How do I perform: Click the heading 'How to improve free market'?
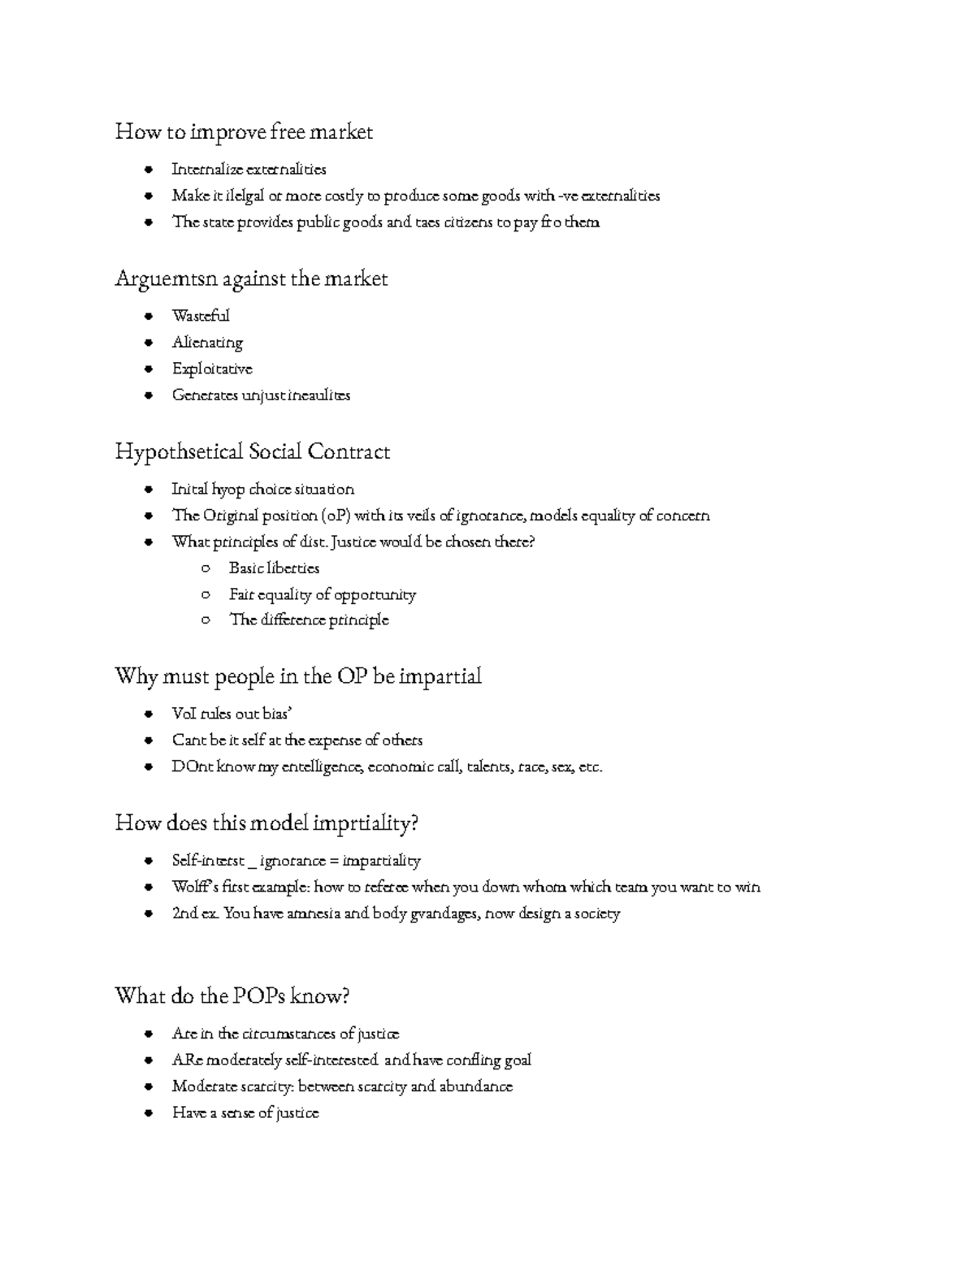click(244, 132)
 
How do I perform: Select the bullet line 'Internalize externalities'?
click(249, 170)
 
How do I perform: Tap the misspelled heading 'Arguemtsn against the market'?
click(251, 279)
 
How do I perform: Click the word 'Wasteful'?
click(201, 316)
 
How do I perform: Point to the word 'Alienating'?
click(207, 343)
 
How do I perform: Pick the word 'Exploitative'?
click(212, 369)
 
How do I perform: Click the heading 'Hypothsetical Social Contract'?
click(252, 451)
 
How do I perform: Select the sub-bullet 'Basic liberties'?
click(274, 568)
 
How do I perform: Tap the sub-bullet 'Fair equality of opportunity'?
click(322, 594)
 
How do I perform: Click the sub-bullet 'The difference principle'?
click(309, 620)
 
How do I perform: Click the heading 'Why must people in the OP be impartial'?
click(298, 676)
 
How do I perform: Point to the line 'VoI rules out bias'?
click(232, 714)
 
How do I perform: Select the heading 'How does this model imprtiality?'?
click(266, 823)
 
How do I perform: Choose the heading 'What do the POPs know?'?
click(232, 996)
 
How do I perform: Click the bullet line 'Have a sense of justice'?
click(245, 1113)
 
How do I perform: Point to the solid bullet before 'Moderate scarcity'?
click(148, 1086)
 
